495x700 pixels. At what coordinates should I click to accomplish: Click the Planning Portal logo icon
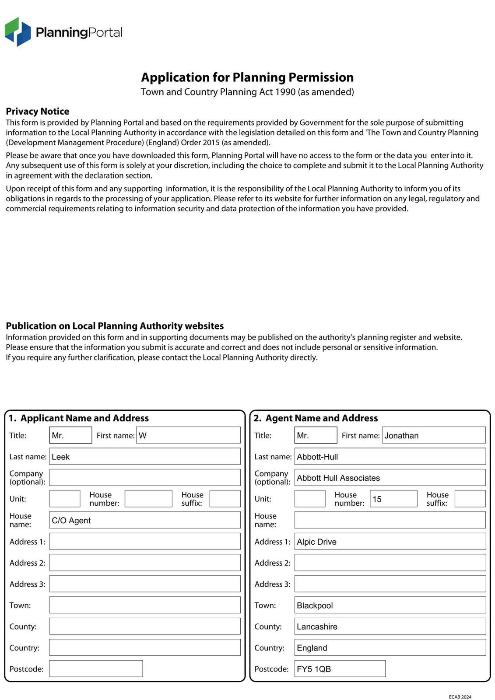18,32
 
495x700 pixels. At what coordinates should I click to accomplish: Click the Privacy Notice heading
38,111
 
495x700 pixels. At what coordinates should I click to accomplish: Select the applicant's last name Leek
61,457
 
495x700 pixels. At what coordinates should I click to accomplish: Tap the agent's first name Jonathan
401,435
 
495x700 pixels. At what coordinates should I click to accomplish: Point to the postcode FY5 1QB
314,669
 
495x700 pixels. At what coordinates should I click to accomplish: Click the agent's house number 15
377,499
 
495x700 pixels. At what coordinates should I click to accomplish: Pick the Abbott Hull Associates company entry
338,478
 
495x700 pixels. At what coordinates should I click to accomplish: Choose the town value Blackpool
315,605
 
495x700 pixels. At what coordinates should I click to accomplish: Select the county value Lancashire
317,626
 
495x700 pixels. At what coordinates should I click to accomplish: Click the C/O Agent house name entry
71,520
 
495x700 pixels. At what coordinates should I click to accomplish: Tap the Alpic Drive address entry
316,542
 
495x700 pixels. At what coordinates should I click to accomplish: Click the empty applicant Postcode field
96,668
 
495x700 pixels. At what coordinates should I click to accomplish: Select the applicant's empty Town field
144,605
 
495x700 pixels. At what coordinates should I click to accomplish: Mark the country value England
312,648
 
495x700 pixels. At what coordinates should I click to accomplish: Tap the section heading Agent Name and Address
321,418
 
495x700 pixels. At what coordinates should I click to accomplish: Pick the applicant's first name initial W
143,435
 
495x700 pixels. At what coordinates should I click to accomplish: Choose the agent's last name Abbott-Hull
317,457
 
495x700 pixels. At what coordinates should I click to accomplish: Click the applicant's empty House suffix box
225,499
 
